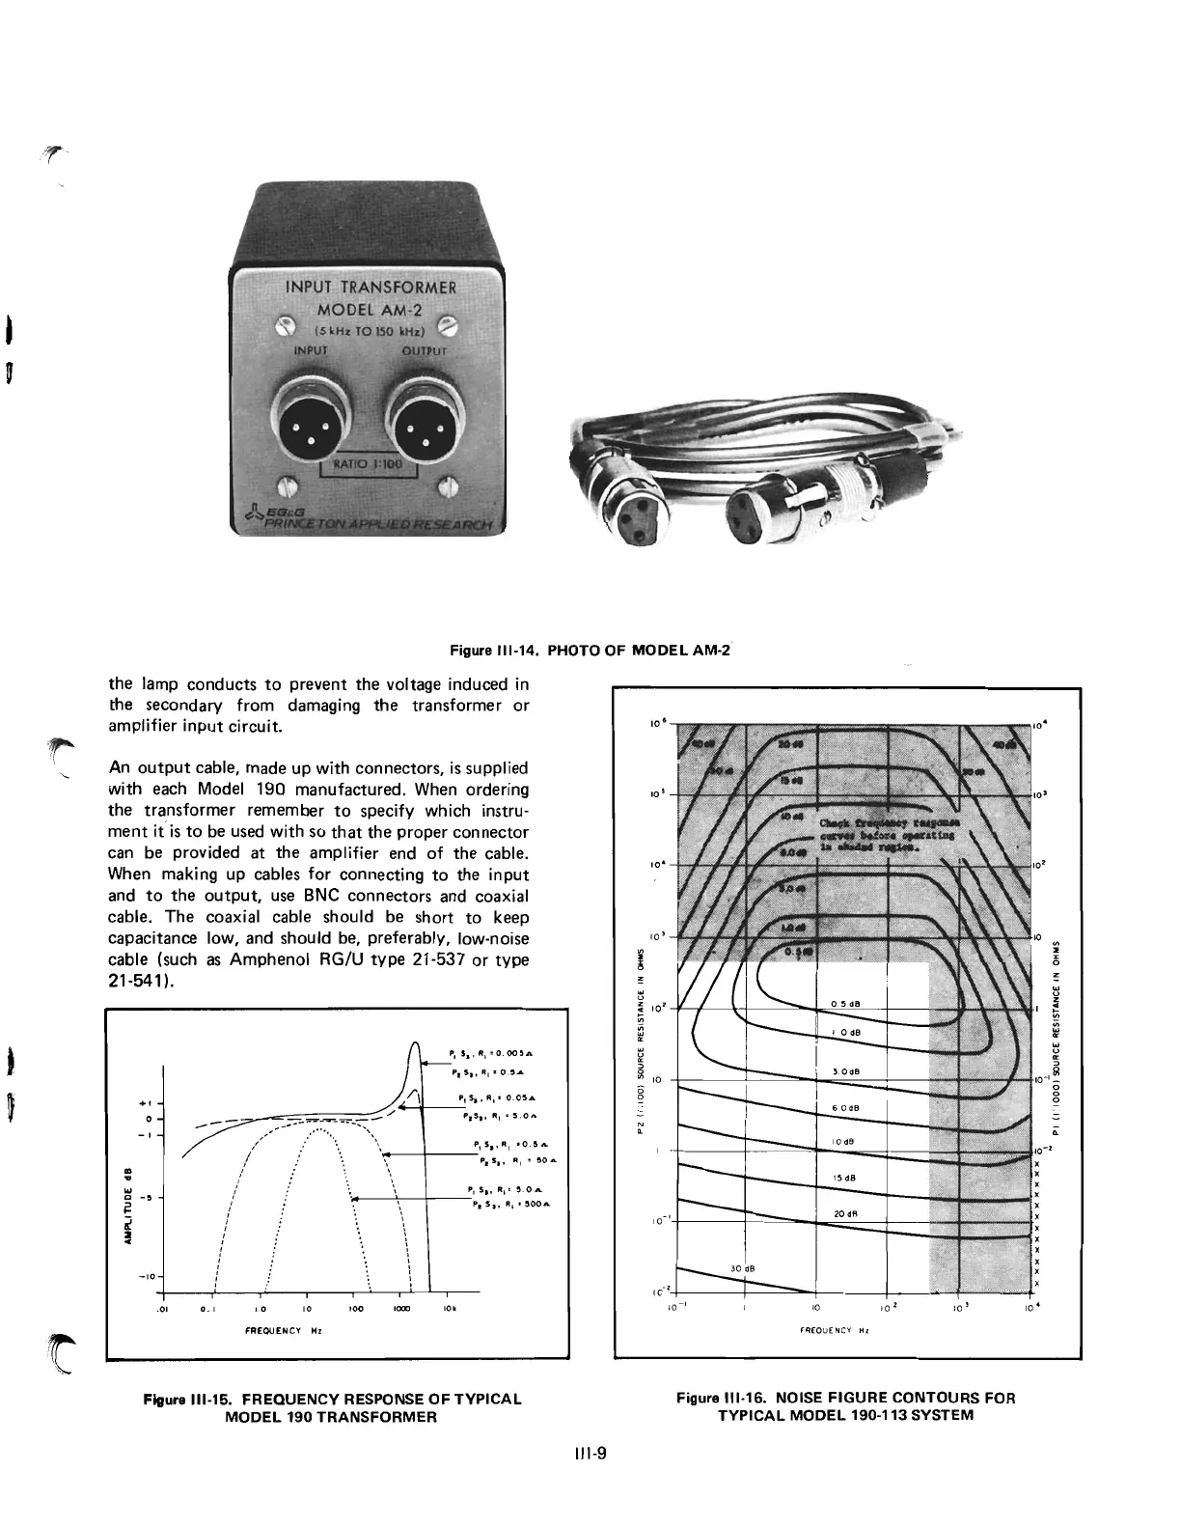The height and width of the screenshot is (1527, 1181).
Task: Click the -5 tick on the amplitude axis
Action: tap(145, 1199)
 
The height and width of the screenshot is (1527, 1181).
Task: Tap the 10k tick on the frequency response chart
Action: tap(449, 1309)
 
